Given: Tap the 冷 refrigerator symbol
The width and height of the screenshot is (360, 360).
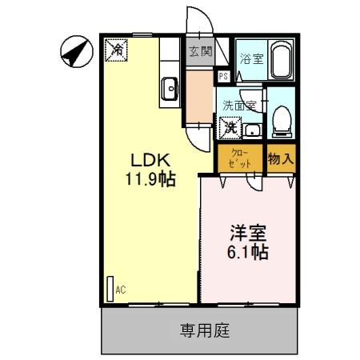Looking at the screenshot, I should click(117, 50).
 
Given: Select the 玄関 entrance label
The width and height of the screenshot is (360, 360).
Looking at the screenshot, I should click(200, 52).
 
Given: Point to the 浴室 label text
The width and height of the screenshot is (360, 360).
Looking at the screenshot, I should click(250, 58).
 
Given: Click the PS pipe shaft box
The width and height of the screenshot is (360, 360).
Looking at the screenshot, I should click(225, 76).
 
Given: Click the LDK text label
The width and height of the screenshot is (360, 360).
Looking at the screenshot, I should click(148, 158).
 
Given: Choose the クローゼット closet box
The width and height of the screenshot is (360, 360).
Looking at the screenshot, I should click(240, 158).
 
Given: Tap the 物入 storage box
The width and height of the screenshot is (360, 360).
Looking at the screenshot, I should click(281, 159).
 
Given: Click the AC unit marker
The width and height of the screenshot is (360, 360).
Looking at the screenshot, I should click(111, 288).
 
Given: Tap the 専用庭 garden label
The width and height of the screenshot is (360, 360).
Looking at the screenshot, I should click(204, 330).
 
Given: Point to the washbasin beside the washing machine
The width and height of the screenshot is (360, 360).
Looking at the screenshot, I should click(253, 130).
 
